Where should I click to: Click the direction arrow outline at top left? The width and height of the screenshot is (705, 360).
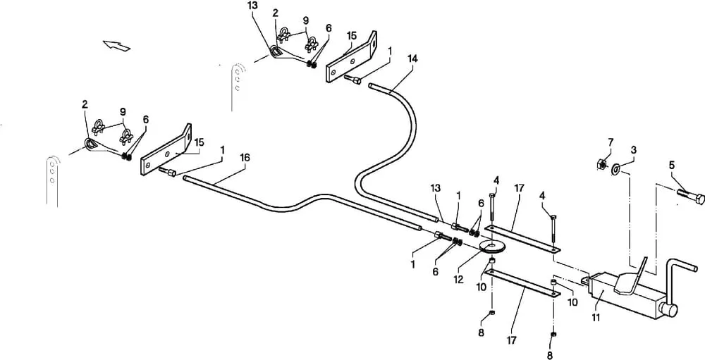point(116,45)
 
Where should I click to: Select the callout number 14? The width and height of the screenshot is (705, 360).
point(412,58)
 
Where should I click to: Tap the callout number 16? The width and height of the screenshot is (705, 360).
point(245,158)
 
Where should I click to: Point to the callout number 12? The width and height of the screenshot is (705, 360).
point(458,279)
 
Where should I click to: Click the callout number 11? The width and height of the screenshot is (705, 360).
point(596,318)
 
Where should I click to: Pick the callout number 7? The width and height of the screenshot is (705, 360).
point(610,142)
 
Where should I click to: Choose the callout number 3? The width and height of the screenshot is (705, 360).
point(633,149)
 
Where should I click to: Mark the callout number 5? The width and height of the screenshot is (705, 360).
point(672,165)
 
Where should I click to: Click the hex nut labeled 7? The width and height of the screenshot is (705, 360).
point(600,164)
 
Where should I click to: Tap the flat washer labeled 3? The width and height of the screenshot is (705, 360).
point(615,169)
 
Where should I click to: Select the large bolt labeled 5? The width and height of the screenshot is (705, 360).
point(691,197)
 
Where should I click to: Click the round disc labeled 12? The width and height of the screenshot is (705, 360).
point(493,247)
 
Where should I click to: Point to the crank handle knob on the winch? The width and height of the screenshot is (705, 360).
point(669,310)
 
